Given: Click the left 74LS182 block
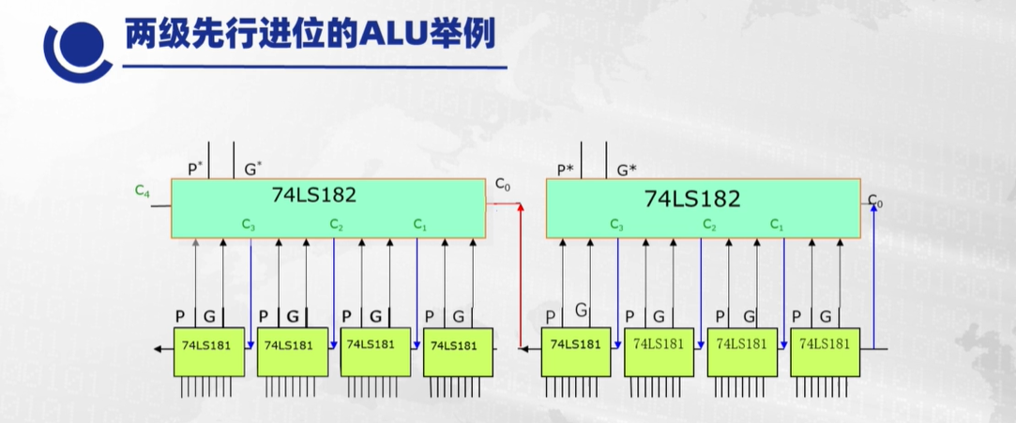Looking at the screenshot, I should [x=327, y=208].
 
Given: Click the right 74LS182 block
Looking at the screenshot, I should [x=704, y=208].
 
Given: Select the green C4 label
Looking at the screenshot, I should [x=143, y=191].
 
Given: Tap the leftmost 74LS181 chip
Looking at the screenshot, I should [x=208, y=345].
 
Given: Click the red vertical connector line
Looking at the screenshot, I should [x=519, y=281].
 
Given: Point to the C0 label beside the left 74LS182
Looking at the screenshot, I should [x=502, y=187].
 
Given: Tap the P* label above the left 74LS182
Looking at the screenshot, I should [x=195, y=169].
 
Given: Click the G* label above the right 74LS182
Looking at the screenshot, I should [x=627, y=170].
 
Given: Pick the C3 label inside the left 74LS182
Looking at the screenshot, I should [x=248, y=225].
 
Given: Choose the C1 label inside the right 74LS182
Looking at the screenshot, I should [x=778, y=225].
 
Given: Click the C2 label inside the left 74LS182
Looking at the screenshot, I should [x=336, y=225].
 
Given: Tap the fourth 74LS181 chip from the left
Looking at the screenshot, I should [x=457, y=345].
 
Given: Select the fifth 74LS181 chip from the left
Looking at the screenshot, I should [x=576, y=345].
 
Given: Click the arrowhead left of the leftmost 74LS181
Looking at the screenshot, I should [x=154, y=347].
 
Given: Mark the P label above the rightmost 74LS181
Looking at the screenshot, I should [x=796, y=316].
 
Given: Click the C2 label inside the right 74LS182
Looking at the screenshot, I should [x=710, y=225].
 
